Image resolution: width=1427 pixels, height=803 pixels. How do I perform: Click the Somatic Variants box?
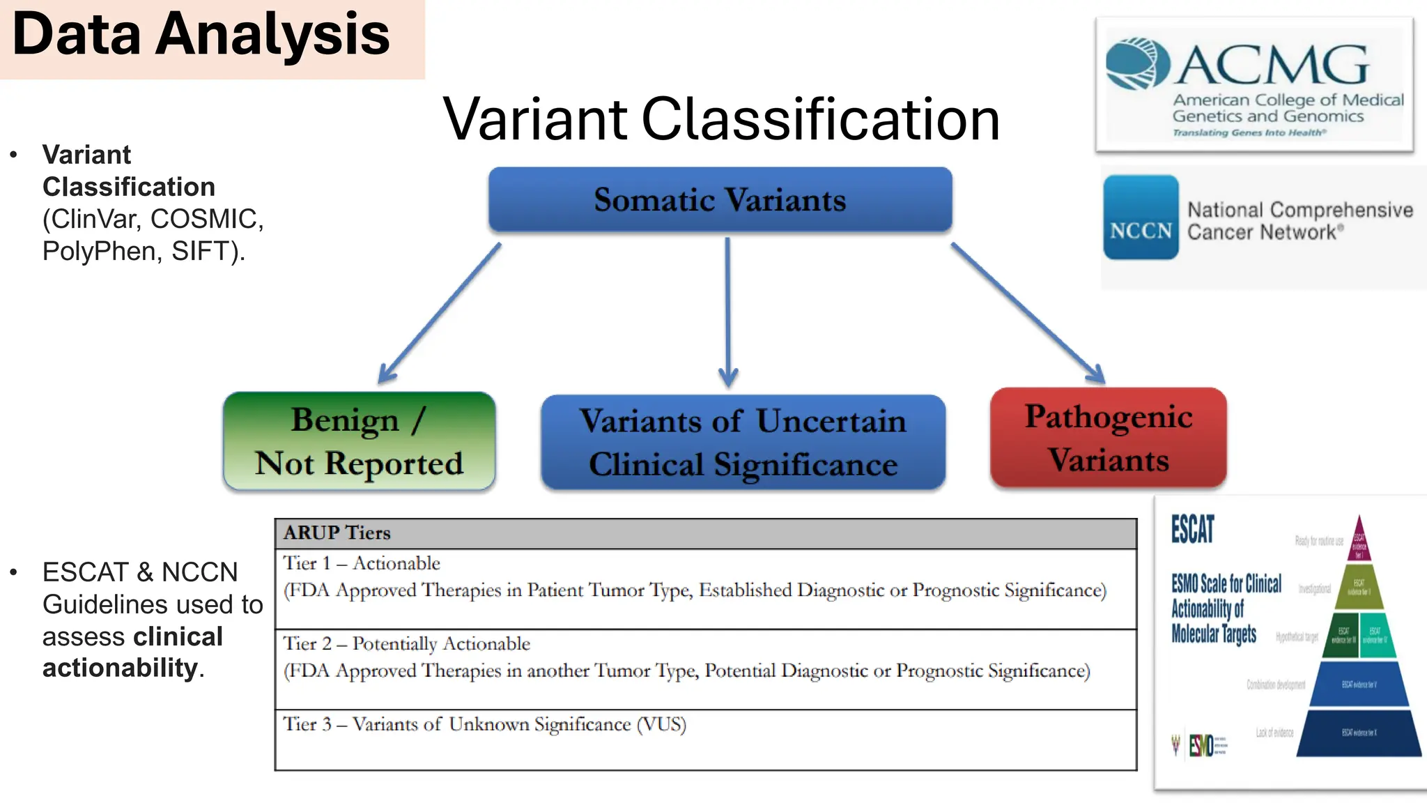point(720,200)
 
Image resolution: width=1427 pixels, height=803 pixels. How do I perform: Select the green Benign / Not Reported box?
point(359,441)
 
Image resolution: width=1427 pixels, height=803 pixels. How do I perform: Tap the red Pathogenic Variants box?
point(1108,438)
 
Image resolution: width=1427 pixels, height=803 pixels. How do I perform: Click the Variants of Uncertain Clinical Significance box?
point(743,443)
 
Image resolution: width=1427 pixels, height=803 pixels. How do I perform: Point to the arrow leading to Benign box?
point(439,314)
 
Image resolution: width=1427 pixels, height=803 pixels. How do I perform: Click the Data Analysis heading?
point(201,35)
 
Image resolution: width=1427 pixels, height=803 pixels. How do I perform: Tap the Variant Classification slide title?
point(721,119)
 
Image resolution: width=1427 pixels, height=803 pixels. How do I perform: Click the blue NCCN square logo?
point(1141,217)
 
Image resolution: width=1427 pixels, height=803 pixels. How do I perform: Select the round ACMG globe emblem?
point(1138,63)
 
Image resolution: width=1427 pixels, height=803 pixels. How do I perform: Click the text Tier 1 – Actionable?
point(362,563)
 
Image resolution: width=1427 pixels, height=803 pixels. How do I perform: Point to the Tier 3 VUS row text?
point(484,724)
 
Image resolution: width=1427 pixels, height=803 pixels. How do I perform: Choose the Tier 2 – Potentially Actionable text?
point(406,643)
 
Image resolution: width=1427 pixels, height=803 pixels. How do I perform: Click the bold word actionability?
point(120,668)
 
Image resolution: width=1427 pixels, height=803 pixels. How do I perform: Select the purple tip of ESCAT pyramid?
point(1359,540)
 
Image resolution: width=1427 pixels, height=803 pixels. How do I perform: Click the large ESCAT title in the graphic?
point(1192,529)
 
